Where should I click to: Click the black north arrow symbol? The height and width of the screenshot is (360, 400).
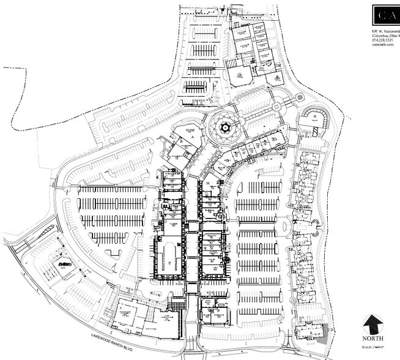373,323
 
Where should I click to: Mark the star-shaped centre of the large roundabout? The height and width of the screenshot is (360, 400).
223,127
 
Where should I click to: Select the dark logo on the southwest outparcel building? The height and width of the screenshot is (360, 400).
65,264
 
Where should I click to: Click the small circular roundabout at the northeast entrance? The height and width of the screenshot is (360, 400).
299,98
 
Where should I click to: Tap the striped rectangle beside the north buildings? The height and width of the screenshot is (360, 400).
235,62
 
